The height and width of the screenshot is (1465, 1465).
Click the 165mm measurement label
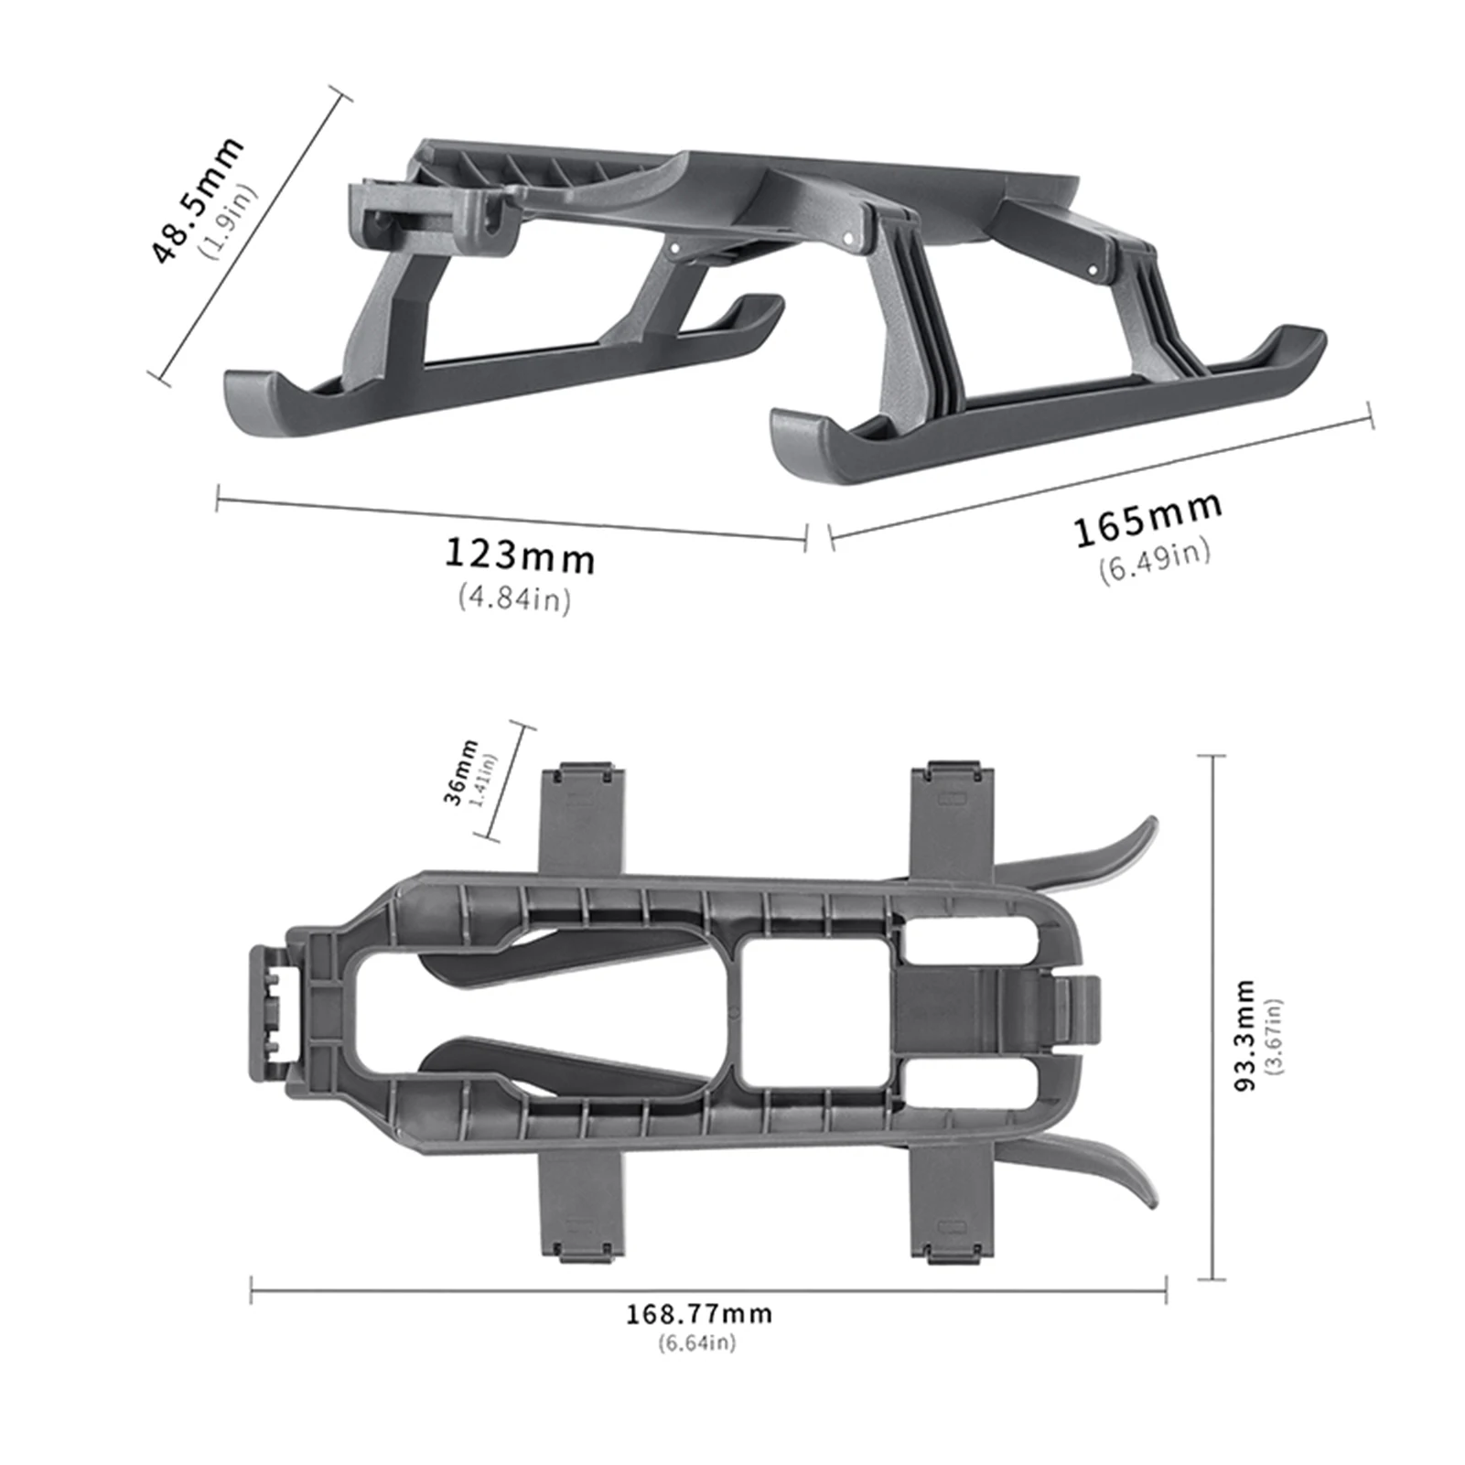(x=1147, y=519)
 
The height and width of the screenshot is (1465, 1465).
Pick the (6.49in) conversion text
(x=1155, y=561)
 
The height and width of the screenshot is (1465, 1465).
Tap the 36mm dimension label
(x=460, y=771)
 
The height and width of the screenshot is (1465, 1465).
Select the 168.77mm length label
(x=699, y=1314)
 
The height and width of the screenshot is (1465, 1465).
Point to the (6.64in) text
(x=696, y=1342)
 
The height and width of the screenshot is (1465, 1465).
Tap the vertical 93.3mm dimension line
(x=1212, y=1016)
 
